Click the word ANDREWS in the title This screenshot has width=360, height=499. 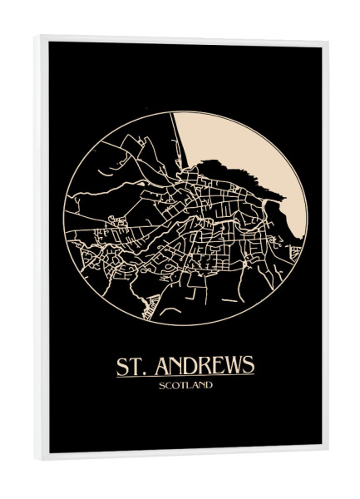(202, 366)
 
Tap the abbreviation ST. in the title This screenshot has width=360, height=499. (129, 366)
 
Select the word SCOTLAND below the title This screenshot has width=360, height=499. (185, 385)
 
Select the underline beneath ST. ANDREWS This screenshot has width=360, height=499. (185, 376)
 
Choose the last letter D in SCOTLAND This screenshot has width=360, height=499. (209, 385)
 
